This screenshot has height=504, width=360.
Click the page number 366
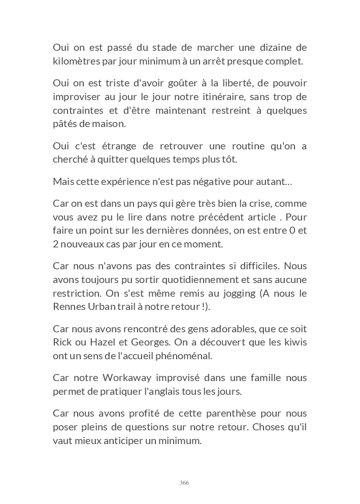(184, 483)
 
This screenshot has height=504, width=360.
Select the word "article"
(264, 217)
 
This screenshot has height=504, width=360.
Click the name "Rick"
(62, 342)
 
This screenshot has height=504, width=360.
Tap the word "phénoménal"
(177, 356)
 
